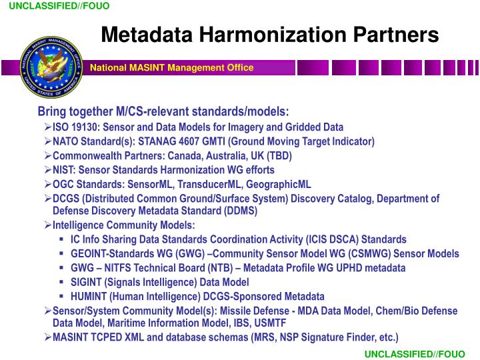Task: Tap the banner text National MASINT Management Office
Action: (x=172, y=67)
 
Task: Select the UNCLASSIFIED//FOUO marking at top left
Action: (x=59, y=6)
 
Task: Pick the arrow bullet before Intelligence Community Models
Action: (x=48, y=225)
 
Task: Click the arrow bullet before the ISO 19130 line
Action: (x=48, y=127)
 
